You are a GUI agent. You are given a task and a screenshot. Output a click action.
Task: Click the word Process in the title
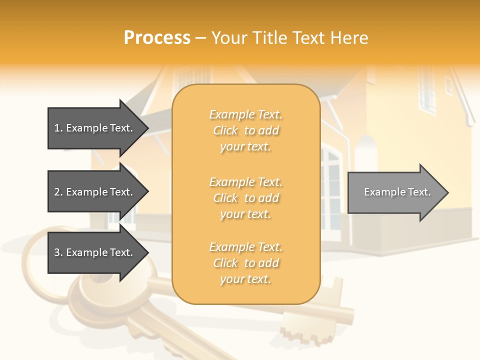[x=157, y=38]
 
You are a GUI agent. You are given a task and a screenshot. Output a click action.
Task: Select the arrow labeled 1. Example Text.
[x=95, y=128]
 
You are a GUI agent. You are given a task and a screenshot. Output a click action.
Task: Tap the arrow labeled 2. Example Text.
[x=95, y=192]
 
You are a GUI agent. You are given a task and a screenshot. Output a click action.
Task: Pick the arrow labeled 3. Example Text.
[x=95, y=252]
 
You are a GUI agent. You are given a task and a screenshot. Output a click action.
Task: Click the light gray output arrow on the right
[x=395, y=192]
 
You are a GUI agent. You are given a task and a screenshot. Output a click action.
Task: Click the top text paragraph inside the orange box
[x=245, y=130]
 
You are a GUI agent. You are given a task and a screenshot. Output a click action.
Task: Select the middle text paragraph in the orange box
[x=245, y=198]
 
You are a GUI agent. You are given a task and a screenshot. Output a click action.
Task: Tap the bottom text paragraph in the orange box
[x=245, y=263]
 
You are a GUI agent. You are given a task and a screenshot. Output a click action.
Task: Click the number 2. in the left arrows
[x=58, y=192]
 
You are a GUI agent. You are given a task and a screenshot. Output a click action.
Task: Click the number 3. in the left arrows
[x=58, y=252]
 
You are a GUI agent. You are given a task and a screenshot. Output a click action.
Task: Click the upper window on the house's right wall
[x=427, y=90]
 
